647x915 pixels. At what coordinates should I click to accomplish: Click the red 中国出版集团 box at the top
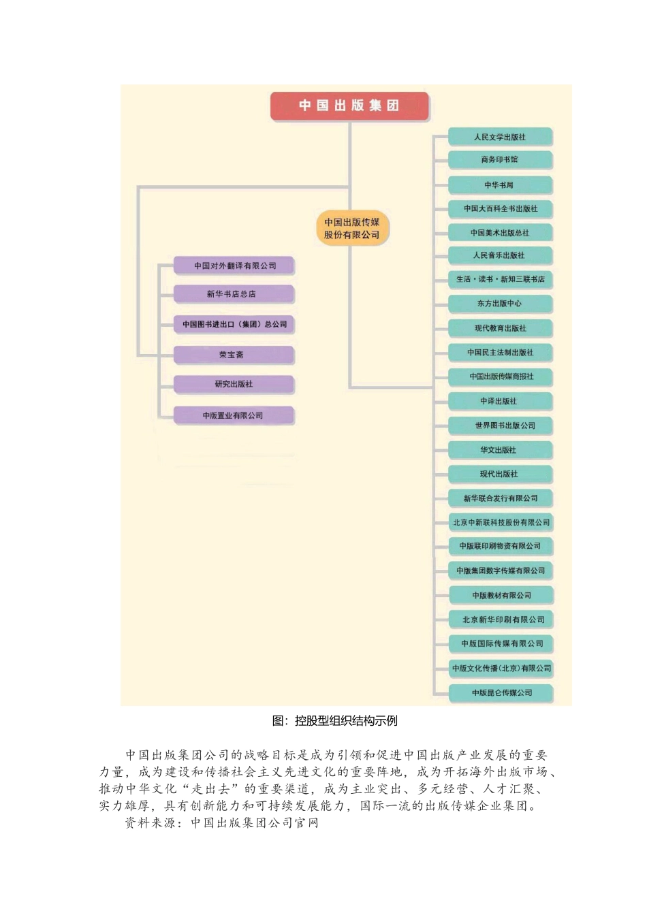(x=349, y=106)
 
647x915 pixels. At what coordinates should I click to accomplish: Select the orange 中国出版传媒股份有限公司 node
(x=351, y=228)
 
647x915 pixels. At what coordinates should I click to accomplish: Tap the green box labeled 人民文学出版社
(x=500, y=137)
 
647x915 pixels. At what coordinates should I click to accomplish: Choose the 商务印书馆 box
(x=500, y=160)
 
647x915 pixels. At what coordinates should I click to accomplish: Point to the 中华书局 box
(x=500, y=185)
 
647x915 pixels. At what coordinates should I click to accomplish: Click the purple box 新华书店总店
(x=233, y=294)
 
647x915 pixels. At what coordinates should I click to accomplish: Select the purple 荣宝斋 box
(x=233, y=355)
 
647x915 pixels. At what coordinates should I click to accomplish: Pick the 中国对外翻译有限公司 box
(x=234, y=266)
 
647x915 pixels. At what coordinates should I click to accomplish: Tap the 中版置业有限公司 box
(x=233, y=415)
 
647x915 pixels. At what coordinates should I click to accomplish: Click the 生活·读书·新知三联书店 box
(x=500, y=279)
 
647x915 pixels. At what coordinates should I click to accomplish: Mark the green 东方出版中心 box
(x=500, y=304)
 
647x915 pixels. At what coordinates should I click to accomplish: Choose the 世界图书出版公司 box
(x=501, y=426)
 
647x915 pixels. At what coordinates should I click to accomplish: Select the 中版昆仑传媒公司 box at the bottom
(x=501, y=693)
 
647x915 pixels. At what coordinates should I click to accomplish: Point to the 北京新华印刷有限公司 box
(x=501, y=620)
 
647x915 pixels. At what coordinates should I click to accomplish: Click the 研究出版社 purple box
(x=233, y=384)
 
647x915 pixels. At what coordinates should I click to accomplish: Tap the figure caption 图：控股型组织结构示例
(x=334, y=721)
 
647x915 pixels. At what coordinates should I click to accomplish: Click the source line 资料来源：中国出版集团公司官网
(x=221, y=822)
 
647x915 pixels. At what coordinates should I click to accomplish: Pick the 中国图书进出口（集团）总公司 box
(x=234, y=324)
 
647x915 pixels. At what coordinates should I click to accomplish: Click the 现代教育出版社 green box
(x=500, y=328)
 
